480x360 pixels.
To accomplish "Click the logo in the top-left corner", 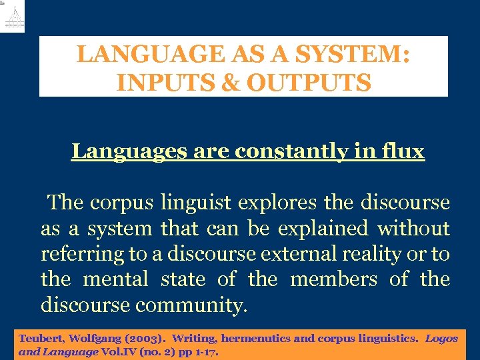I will [x=13, y=16].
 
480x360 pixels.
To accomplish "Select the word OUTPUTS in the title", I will [x=309, y=83].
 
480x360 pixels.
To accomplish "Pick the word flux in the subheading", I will [x=403, y=152].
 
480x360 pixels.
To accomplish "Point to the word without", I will [x=413, y=229].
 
